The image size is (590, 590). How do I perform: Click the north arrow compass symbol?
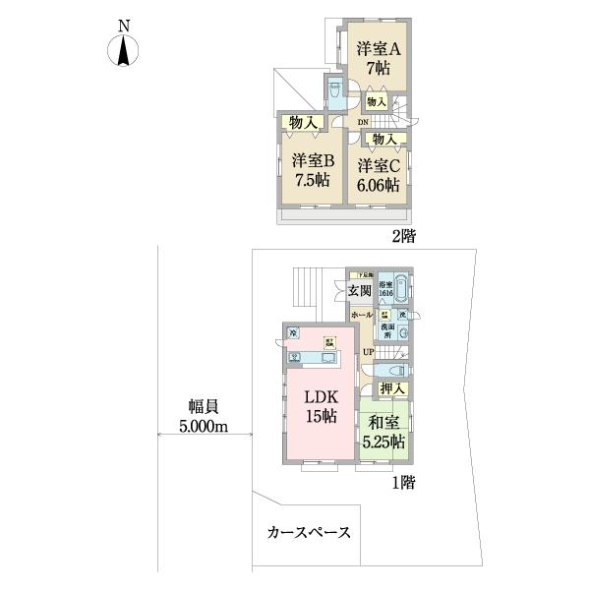pyautogui.click(x=123, y=46)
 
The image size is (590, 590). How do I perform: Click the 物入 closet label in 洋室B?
pyautogui.click(x=302, y=122)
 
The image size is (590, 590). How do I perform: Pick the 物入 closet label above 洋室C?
pyautogui.click(x=384, y=139)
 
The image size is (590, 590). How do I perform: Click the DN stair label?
pyautogui.click(x=363, y=122)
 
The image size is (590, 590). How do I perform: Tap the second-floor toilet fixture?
pyautogui.click(x=334, y=94)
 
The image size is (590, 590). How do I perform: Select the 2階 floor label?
pyautogui.click(x=403, y=237)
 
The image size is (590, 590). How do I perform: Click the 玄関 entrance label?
pyautogui.click(x=358, y=290)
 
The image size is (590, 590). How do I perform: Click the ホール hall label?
pyautogui.click(x=360, y=315)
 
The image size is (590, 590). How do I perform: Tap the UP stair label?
pyautogui.click(x=368, y=351)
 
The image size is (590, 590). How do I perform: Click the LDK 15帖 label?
pyautogui.click(x=318, y=406)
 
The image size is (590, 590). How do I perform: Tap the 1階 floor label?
pyautogui.click(x=402, y=483)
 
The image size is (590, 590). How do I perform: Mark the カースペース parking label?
pyautogui.click(x=308, y=533)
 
